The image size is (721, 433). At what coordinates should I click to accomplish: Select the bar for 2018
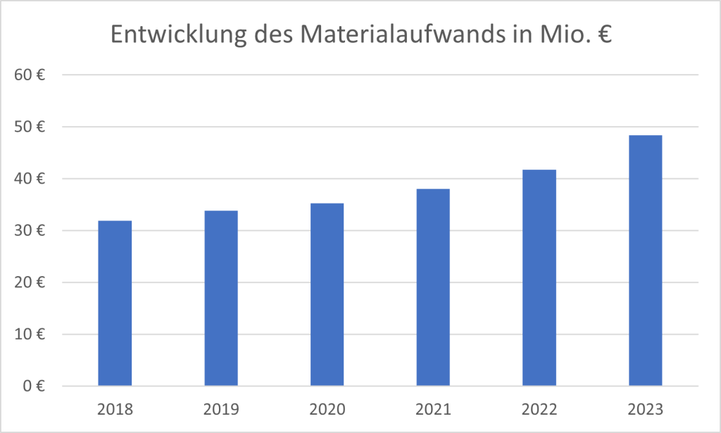[115, 303]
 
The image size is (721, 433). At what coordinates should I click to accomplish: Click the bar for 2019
[221, 298]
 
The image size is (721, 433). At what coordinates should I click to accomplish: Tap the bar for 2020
[327, 294]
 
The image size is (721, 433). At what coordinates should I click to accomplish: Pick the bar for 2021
[433, 287]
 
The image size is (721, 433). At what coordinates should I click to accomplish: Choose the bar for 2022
[539, 277]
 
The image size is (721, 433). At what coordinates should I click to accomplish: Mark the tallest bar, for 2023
[645, 261]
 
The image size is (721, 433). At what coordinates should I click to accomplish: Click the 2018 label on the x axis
[115, 408]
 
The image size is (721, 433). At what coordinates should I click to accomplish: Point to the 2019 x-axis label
[221, 408]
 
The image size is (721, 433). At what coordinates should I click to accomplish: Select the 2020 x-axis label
[327, 408]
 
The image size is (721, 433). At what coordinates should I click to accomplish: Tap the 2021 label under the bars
[433, 408]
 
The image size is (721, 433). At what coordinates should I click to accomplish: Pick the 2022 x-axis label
[539, 408]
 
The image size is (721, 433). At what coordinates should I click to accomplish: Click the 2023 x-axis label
[645, 408]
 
